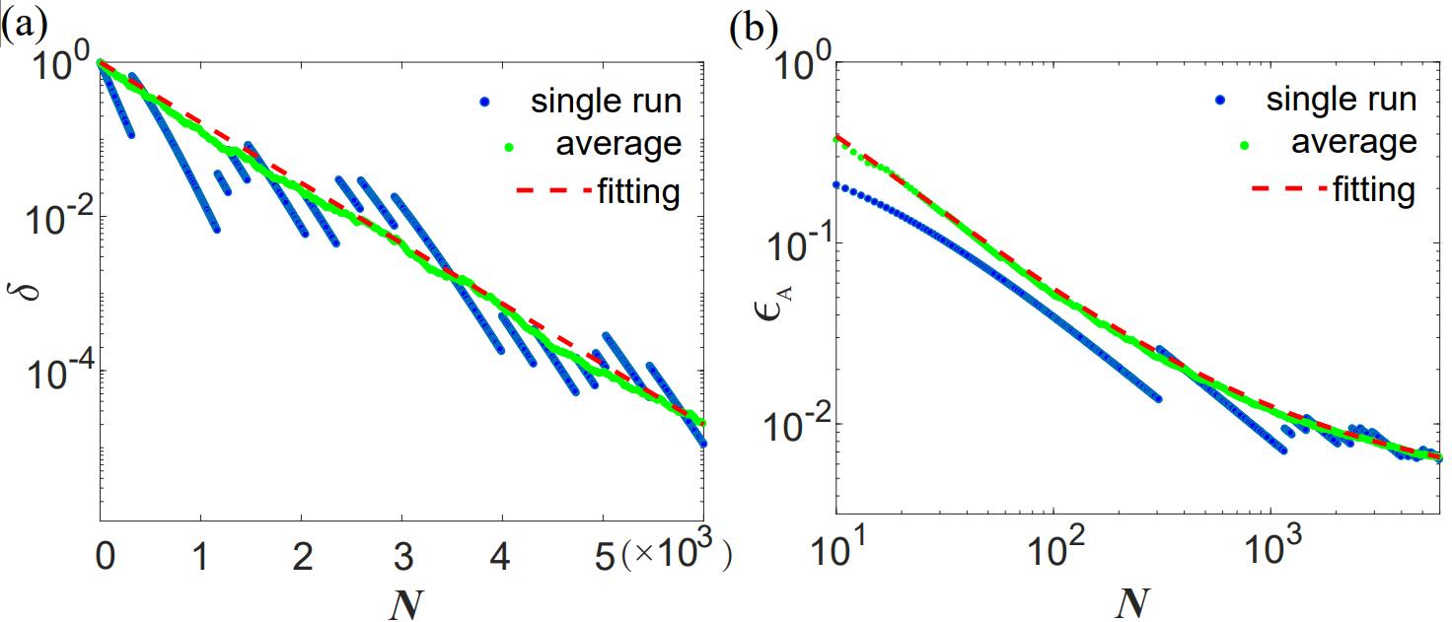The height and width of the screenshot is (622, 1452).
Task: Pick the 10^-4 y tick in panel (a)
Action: pyautogui.click(x=58, y=372)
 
